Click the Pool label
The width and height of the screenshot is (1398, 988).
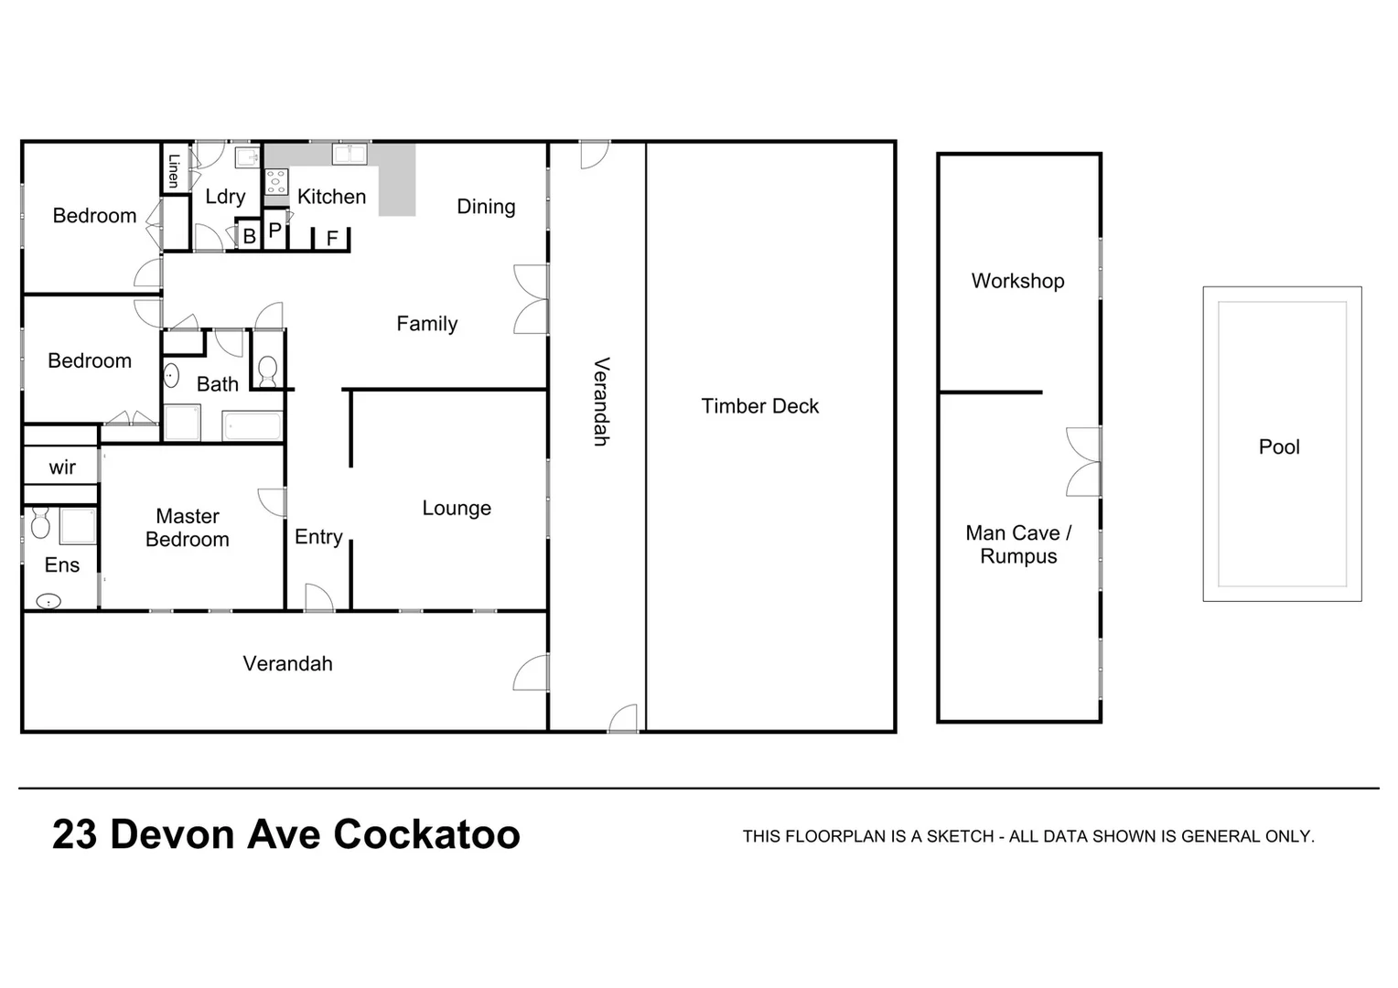coord(1278,446)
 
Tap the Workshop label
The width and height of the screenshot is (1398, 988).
coord(1017,281)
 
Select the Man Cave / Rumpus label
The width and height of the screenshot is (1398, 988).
coord(1017,544)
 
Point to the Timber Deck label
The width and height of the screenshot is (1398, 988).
coord(759,406)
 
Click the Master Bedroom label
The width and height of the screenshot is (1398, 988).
coord(188,528)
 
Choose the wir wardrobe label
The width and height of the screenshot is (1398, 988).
coord(62,467)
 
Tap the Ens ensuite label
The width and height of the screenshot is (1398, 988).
coord(62,565)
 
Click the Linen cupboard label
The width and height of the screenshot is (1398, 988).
coord(174,169)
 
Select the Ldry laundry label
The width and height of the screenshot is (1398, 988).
coord(225,197)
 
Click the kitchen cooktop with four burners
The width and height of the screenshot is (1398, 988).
coord(275,181)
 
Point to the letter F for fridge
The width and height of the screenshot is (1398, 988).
coord(332,239)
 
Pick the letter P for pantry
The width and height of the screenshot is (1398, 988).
coord(274,231)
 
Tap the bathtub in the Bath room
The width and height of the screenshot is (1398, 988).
coord(253,426)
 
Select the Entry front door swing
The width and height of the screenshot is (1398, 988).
coord(317,596)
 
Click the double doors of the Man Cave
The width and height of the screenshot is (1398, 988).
coord(1083,462)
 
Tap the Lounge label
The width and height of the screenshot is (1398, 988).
coord(457,508)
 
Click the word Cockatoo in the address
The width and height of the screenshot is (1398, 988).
coord(426,834)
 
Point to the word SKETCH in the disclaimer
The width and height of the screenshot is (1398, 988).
coord(960,836)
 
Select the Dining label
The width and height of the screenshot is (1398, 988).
coord(486,207)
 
